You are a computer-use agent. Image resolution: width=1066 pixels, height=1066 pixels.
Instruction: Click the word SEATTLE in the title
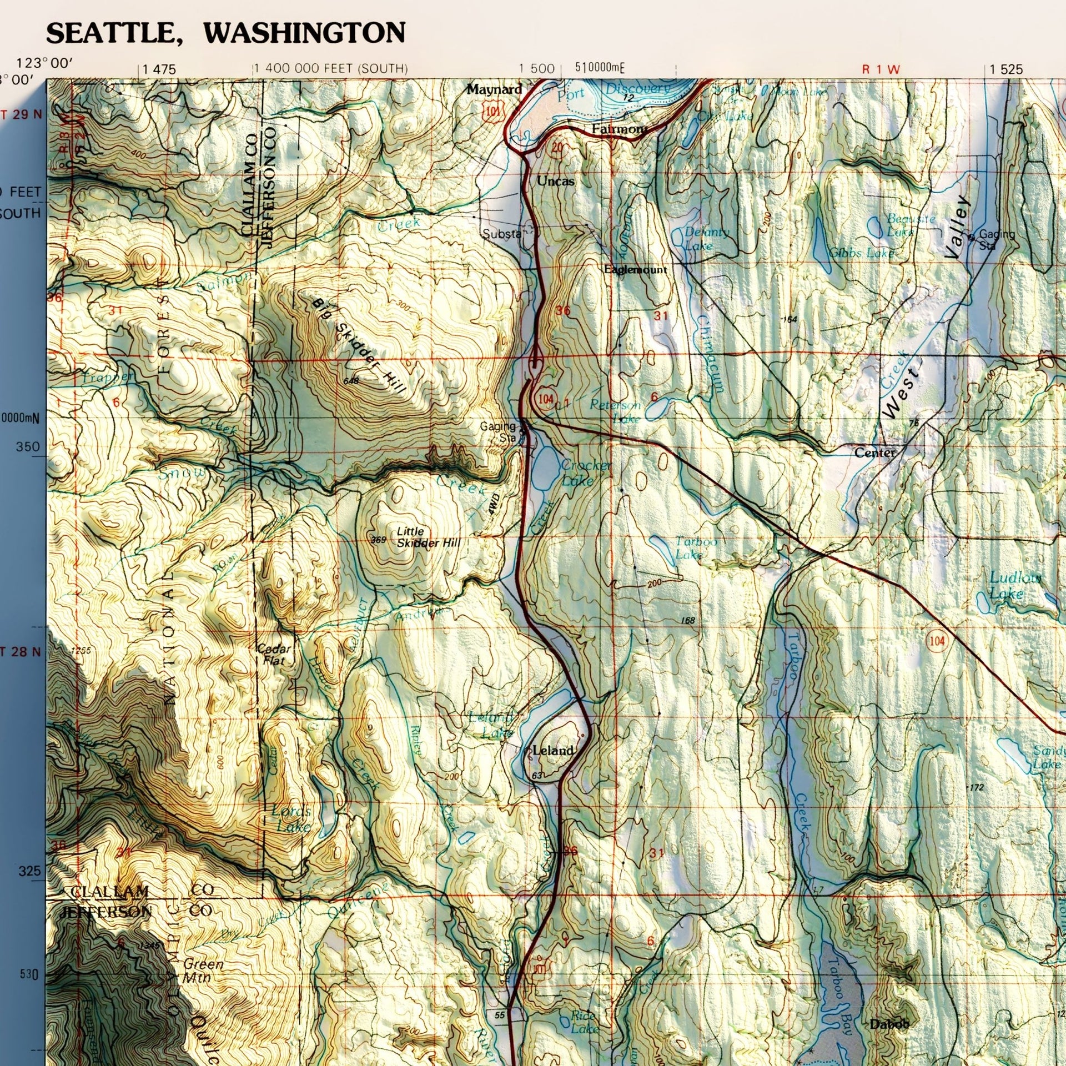coord(110,33)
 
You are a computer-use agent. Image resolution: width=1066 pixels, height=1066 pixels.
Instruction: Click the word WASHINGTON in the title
coord(304,33)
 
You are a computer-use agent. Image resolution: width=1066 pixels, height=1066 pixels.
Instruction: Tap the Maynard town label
coord(494,89)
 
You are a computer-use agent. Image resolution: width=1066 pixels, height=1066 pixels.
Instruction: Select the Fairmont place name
coord(619,129)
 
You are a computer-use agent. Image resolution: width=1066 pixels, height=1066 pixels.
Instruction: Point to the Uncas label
coord(555,181)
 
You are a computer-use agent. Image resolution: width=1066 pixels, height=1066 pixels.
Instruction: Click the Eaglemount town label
coord(635,270)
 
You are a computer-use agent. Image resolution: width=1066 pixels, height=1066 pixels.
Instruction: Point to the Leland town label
coord(552,751)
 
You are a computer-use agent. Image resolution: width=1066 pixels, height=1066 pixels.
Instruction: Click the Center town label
coord(874,453)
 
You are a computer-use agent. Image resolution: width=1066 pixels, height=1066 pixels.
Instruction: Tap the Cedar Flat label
coord(273,655)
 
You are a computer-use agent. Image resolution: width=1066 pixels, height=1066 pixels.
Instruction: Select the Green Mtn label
coord(203,971)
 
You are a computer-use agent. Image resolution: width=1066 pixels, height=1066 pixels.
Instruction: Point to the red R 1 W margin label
coord(880,69)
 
